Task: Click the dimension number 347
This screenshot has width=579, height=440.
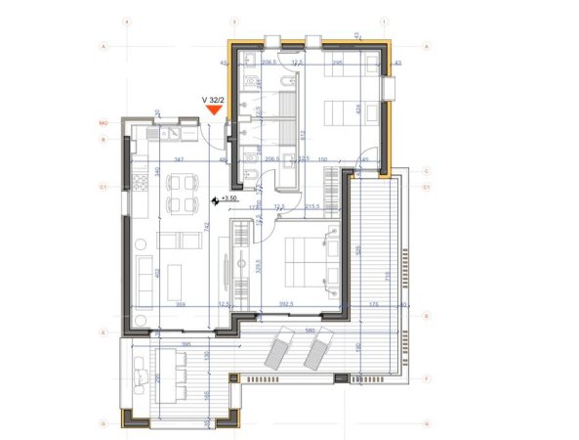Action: (x=179, y=158)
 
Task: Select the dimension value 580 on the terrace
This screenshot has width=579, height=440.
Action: (x=310, y=330)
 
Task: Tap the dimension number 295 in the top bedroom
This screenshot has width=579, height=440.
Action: (x=336, y=63)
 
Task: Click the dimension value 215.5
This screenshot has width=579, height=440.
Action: (x=313, y=206)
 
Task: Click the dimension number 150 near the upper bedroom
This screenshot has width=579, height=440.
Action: (x=323, y=158)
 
